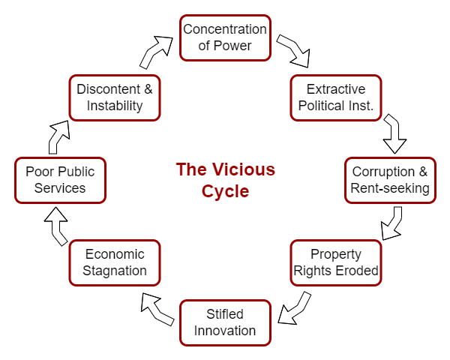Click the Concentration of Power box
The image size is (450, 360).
225,37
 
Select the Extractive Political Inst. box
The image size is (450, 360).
335,97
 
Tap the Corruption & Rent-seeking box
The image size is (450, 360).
390,179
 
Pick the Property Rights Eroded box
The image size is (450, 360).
335,262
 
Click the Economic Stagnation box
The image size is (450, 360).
115,262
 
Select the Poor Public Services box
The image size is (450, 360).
60,179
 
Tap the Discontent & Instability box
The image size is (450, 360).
115,97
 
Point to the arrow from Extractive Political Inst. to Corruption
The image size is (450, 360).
394,135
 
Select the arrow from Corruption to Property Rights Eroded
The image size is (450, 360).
392,223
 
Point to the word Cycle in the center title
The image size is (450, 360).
225,191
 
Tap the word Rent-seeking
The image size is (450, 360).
390,188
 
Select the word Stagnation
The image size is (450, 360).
115,271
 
